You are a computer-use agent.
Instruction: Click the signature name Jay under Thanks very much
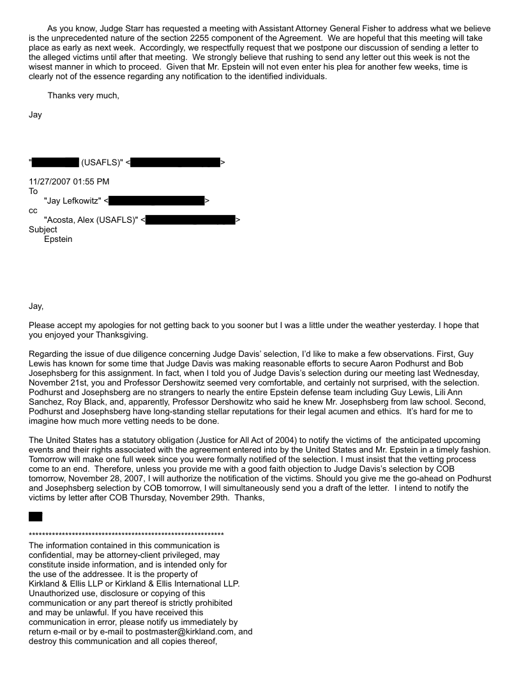pos(36,115)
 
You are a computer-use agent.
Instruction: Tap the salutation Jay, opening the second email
pos(38,306)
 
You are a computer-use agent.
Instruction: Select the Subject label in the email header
pos(43,229)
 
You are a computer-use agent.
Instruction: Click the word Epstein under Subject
pos(58,239)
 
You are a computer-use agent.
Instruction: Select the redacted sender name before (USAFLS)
pos(56,163)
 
